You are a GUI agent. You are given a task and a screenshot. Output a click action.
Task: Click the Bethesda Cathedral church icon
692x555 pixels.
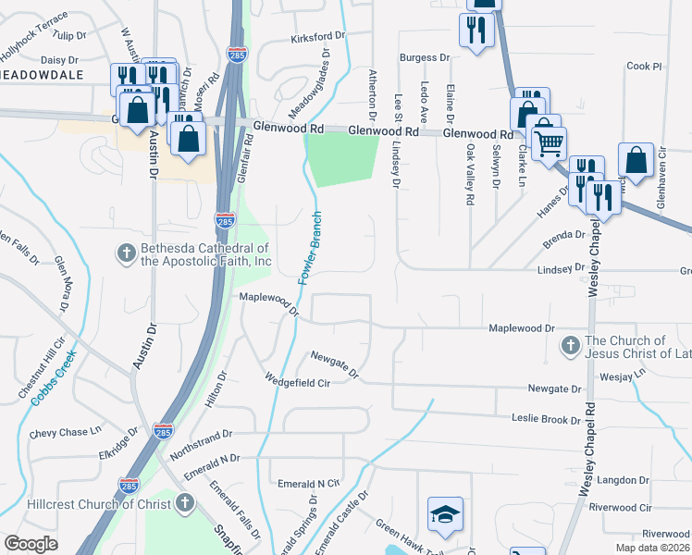[127, 252]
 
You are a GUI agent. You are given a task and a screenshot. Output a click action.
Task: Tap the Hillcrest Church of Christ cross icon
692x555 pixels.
[184, 504]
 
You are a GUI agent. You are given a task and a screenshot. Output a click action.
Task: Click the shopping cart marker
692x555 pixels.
[550, 144]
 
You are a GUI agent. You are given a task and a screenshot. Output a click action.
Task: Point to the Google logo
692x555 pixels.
[31, 544]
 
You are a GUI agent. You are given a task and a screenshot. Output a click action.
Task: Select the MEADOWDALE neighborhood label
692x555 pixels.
[41, 74]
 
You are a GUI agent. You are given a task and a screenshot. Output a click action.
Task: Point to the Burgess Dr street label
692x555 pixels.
[425, 57]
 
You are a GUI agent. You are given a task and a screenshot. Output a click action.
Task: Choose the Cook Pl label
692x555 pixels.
[645, 67]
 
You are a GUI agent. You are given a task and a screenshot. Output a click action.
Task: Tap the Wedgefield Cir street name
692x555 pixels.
[297, 379]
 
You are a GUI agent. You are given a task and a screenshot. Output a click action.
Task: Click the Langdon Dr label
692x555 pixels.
[624, 479]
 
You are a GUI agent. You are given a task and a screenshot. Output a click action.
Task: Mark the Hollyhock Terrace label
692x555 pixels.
[34, 18]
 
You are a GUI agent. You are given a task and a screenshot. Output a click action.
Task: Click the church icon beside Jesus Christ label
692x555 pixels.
[570, 347]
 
